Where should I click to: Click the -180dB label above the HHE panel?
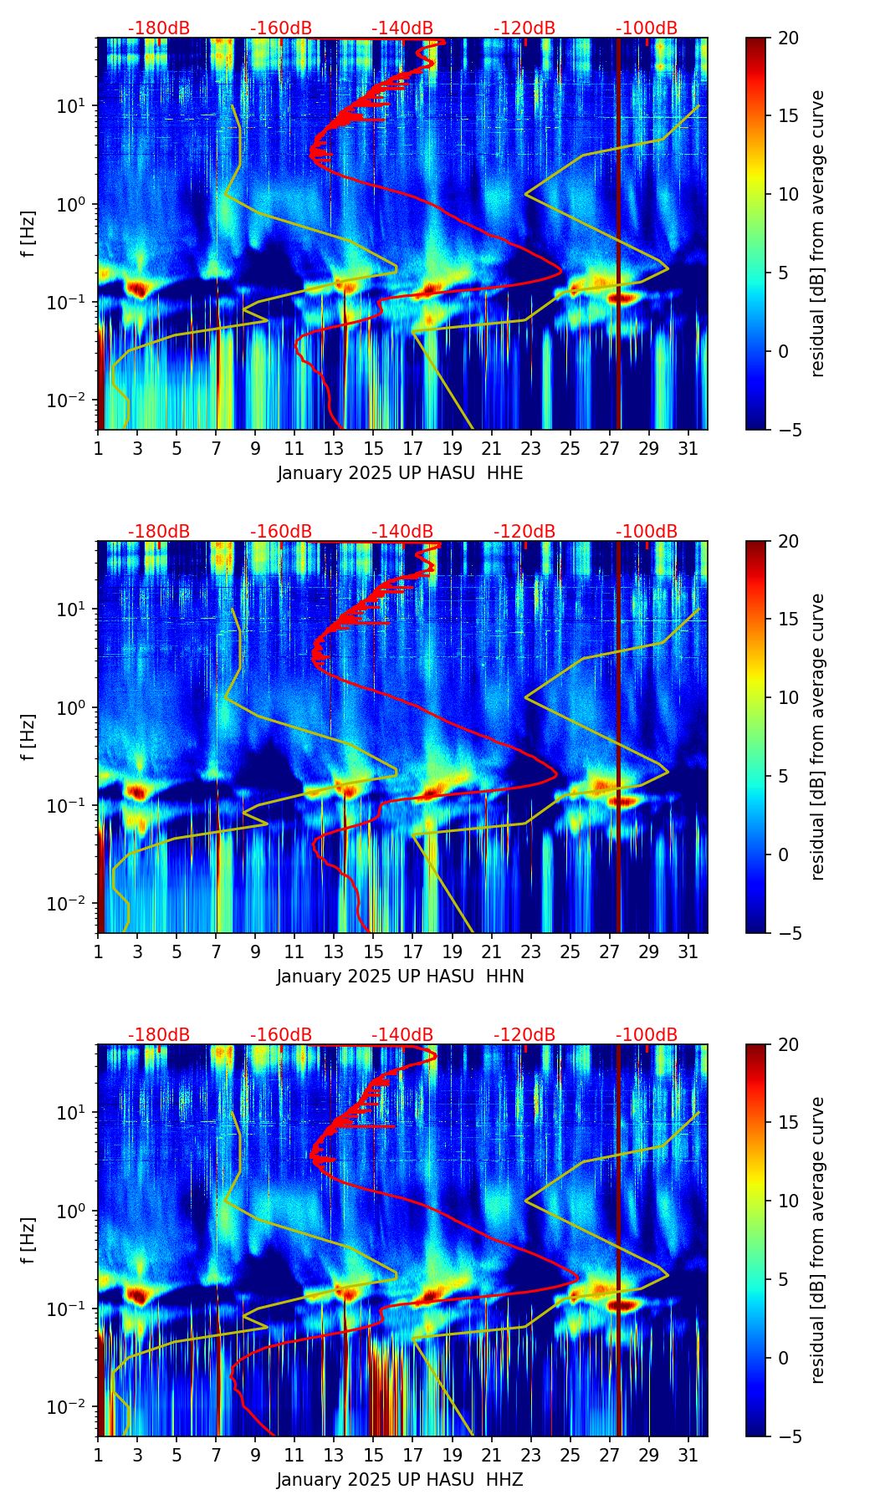point(159,28)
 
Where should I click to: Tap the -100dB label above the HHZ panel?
point(647,1035)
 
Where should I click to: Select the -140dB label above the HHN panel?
point(402,532)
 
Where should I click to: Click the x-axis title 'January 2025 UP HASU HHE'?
point(400,473)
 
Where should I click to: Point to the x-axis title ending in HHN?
point(400,977)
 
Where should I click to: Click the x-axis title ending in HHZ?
point(400,1480)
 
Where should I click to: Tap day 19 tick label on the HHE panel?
point(452,448)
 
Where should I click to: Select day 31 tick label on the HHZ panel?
point(688,1455)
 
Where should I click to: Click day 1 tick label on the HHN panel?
point(99,951)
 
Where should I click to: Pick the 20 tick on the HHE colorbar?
point(788,38)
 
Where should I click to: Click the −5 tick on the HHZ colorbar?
point(786,1436)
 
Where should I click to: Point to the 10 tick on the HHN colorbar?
point(788,697)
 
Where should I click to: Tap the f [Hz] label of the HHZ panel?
point(28,1241)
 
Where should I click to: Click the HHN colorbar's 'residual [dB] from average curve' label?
point(817,737)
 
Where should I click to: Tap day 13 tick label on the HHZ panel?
point(334,1455)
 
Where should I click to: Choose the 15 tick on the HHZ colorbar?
point(788,1123)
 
